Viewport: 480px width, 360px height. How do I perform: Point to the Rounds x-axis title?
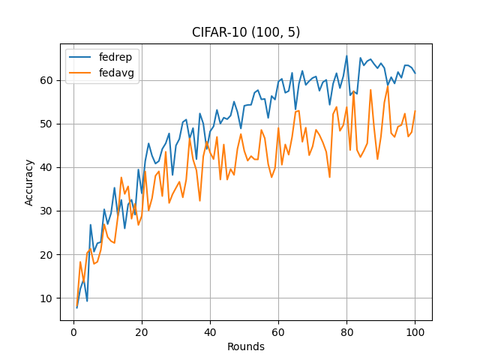click(246, 346)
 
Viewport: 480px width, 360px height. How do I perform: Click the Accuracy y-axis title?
click(30, 182)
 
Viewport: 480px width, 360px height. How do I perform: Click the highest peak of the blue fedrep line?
click(346, 56)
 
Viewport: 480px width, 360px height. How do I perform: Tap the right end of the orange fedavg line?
click(415, 111)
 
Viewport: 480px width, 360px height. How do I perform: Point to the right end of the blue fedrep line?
click(415, 73)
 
